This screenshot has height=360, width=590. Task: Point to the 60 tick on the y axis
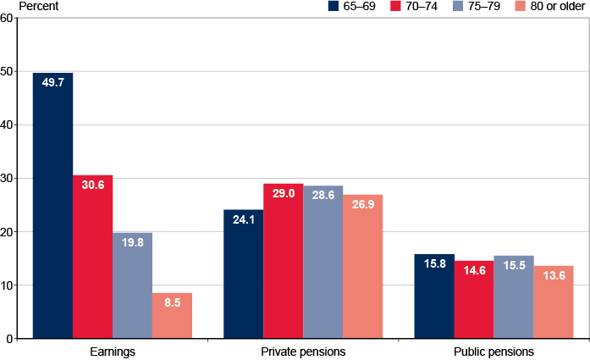pyautogui.click(x=8, y=18)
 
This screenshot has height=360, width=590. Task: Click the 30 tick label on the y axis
pyautogui.click(x=8, y=179)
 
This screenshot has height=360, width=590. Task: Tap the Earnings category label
pyautogui.click(x=112, y=351)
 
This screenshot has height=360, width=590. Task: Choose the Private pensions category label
pyautogui.click(x=303, y=351)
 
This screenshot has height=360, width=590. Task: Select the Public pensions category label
pyautogui.click(x=494, y=351)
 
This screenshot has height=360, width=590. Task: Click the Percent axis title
pyautogui.click(x=25, y=6)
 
